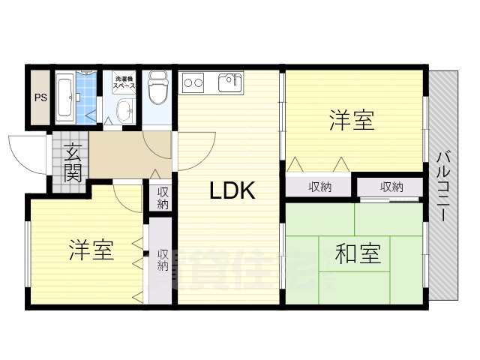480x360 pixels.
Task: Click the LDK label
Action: [x=232, y=191]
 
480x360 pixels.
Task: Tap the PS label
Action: [x=39, y=97]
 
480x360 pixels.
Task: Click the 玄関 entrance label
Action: [x=73, y=163]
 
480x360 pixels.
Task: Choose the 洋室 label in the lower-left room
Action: [x=91, y=250]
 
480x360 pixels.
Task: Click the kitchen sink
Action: [x=230, y=82]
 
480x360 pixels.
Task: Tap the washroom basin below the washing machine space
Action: [x=124, y=113]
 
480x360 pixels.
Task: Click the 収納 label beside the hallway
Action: [x=163, y=199]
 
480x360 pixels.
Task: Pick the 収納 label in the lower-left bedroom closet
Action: [x=163, y=260]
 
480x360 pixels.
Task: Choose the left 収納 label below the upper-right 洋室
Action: [x=320, y=187]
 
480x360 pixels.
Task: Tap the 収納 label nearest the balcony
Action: [x=391, y=187]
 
